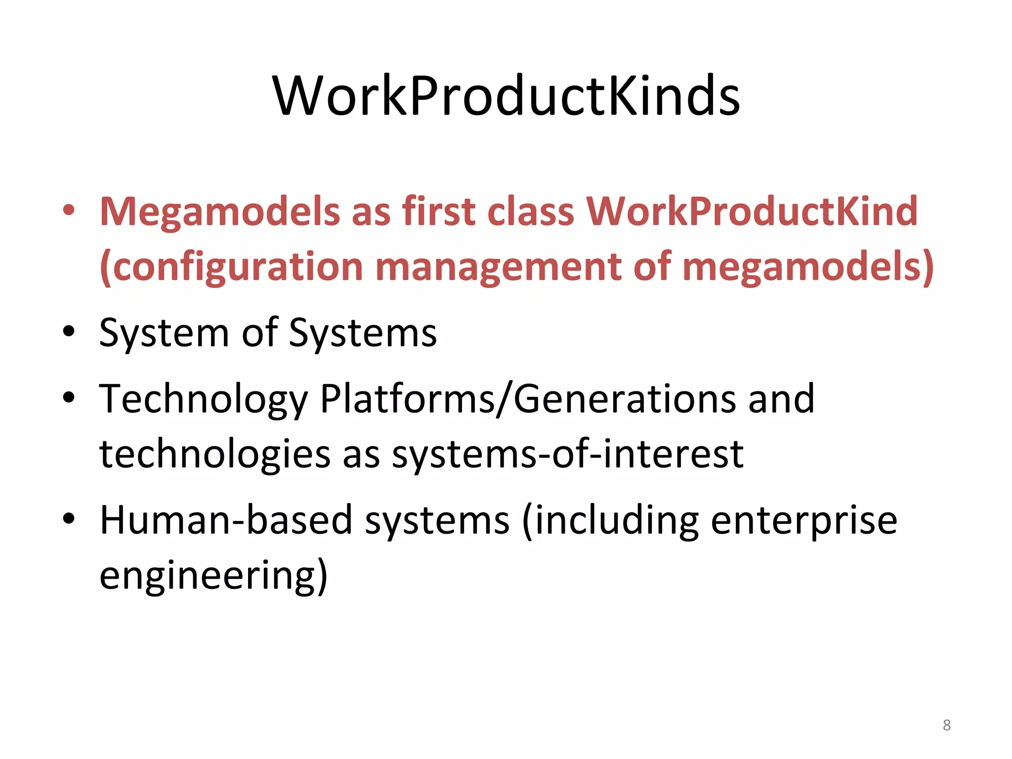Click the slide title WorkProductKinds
click(506, 96)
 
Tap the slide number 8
click(946, 725)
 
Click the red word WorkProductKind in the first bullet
click(752, 211)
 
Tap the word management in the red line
click(498, 267)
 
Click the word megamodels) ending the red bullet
click(807, 267)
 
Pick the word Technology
click(204, 399)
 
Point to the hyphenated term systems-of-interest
click(567, 454)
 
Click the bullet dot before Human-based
click(69, 519)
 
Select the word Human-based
click(226, 520)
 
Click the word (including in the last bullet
click(610, 521)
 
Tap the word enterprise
click(803, 521)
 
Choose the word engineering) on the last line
click(213, 576)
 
